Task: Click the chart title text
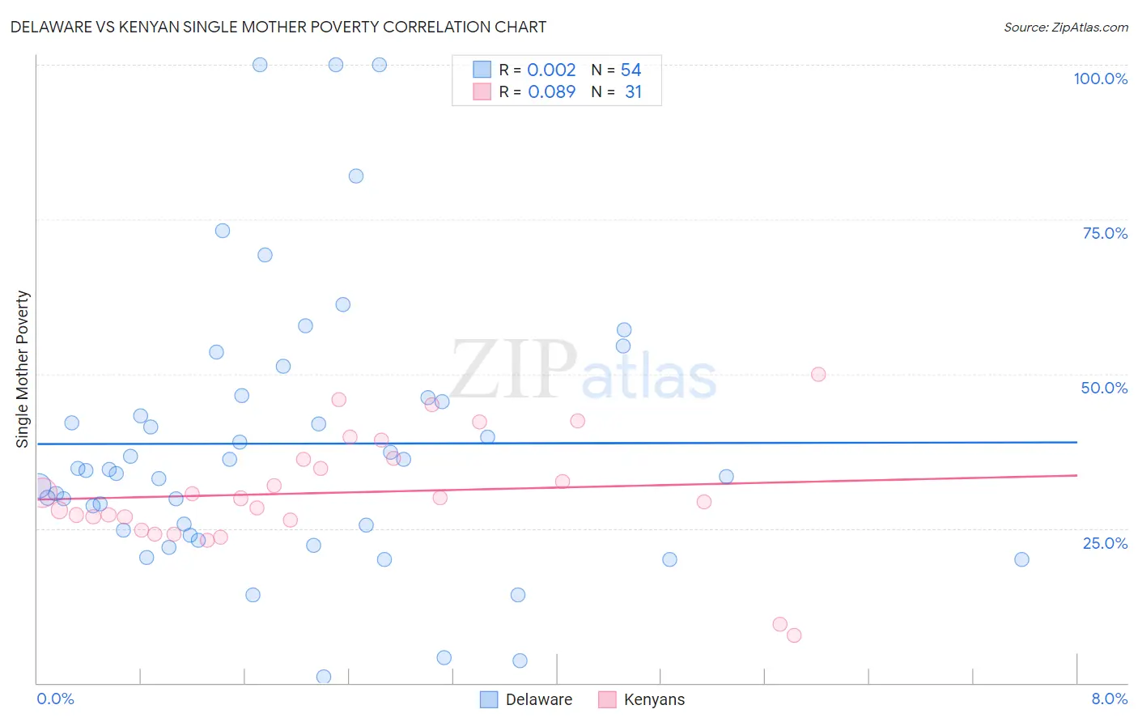tap(278, 27)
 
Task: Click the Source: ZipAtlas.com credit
tap(1065, 27)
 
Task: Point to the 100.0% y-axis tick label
tap(1100, 79)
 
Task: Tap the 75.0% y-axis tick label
tap(1105, 233)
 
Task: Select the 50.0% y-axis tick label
tap(1104, 388)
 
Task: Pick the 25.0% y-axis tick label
tap(1105, 543)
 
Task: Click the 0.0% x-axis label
tap(55, 699)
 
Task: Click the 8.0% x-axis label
tap(1109, 699)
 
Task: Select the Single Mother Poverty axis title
tap(23, 369)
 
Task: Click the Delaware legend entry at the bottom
tap(538, 699)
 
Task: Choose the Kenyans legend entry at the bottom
tap(654, 699)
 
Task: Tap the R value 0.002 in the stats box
tap(551, 70)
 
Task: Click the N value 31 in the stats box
tap(633, 92)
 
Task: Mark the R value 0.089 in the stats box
tap(551, 92)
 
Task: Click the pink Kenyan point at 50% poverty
tap(818, 374)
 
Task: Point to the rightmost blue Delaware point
tap(1021, 559)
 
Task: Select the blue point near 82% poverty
tap(356, 176)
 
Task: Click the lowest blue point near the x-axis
tap(324, 677)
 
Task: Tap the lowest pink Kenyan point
tap(794, 635)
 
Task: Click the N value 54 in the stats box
tap(631, 70)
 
